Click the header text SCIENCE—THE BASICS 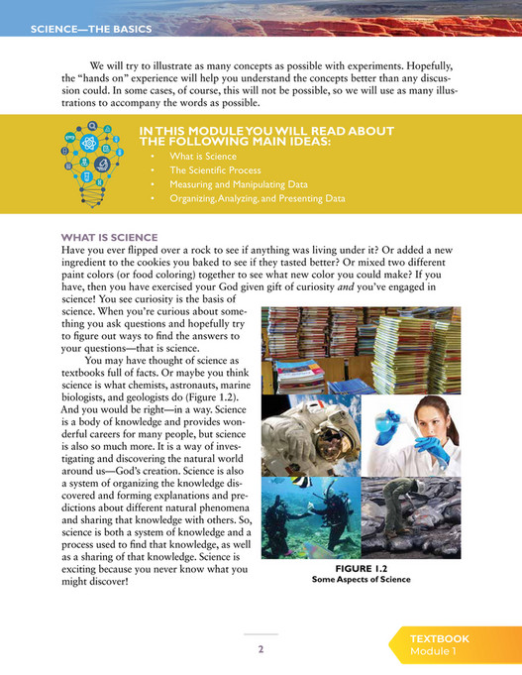tap(90, 29)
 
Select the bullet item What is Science tap(202, 157)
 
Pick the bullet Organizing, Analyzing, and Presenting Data tap(257, 198)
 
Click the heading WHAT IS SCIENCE tap(109, 237)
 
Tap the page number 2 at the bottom tap(261, 649)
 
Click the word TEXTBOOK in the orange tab tap(440, 639)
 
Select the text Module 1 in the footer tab tap(433, 652)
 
